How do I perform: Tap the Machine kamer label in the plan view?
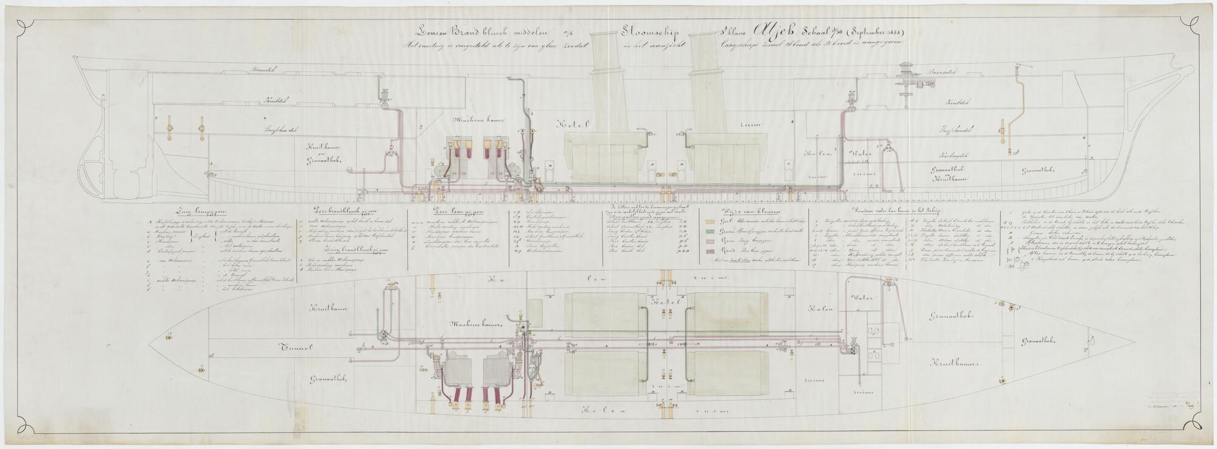476,325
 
